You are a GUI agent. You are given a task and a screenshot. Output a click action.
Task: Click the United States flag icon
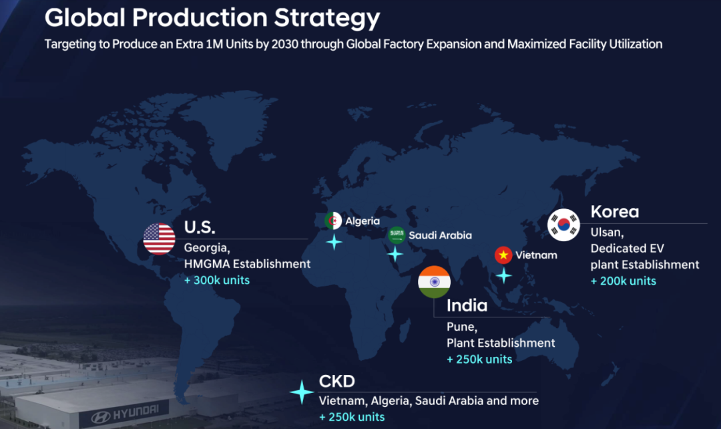(x=159, y=239)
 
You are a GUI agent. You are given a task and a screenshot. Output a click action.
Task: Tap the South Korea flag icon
(x=563, y=225)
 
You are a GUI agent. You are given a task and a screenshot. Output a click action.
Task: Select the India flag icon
(x=434, y=282)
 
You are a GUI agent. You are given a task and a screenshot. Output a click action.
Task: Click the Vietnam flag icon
(x=503, y=255)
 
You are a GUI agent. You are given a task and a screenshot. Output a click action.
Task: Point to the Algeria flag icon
(x=333, y=221)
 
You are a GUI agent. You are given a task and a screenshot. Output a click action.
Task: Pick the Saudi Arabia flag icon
(x=397, y=235)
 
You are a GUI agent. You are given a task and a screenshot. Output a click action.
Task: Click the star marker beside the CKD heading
(x=301, y=392)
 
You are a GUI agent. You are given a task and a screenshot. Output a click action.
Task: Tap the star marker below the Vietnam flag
(x=503, y=275)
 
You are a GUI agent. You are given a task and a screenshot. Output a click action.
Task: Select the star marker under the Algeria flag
(x=333, y=242)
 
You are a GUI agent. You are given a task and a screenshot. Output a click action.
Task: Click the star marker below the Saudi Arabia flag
(x=395, y=254)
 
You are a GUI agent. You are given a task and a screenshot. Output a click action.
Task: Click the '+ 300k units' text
(x=217, y=280)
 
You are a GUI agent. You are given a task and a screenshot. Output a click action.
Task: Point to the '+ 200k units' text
(x=623, y=281)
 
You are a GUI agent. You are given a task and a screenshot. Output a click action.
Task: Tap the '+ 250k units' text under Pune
(x=479, y=359)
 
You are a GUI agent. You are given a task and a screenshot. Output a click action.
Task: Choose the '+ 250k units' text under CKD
(x=352, y=416)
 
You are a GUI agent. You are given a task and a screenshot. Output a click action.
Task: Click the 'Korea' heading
(x=615, y=212)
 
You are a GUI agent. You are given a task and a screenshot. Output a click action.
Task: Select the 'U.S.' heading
(x=200, y=227)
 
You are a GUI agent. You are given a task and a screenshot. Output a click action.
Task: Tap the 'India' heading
(x=467, y=305)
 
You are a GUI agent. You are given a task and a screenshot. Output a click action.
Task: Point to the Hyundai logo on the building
(x=124, y=413)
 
